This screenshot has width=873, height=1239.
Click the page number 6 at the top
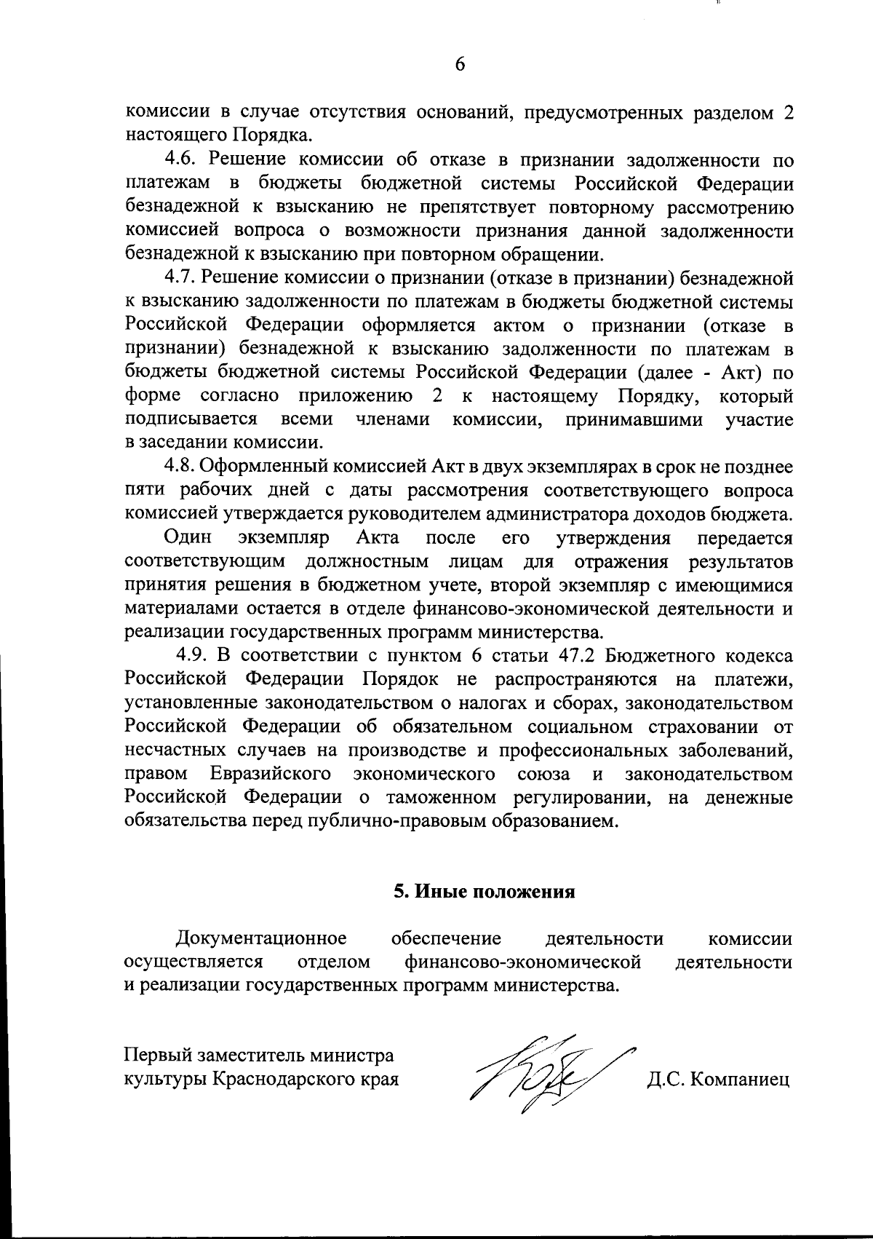[x=460, y=64]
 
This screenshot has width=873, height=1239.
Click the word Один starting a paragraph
[x=188, y=538]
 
